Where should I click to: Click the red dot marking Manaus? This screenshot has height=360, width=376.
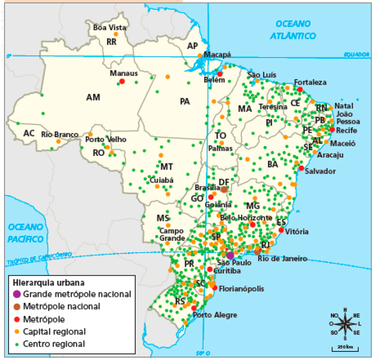[x=122, y=81]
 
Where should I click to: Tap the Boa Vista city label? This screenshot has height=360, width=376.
[x=110, y=28]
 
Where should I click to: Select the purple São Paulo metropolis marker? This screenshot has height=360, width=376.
[x=230, y=255]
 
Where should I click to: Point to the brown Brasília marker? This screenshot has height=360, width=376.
[x=224, y=190]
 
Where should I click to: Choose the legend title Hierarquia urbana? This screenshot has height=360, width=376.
[x=48, y=282]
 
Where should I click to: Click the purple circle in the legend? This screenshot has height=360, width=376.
[x=16, y=294]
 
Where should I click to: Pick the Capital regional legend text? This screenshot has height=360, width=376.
[x=54, y=332]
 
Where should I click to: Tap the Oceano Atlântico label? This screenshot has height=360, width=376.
[x=292, y=30]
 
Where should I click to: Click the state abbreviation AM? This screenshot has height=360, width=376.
[x=93, y=97]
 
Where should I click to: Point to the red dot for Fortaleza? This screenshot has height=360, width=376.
[x=300, y=90]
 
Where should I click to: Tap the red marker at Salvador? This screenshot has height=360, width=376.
[x=301, y=168]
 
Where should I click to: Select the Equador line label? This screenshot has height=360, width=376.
[x=357, y=54]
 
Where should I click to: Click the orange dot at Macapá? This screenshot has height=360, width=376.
[x=200, y=55]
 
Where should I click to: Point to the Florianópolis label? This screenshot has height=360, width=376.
[x=242, y=289]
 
